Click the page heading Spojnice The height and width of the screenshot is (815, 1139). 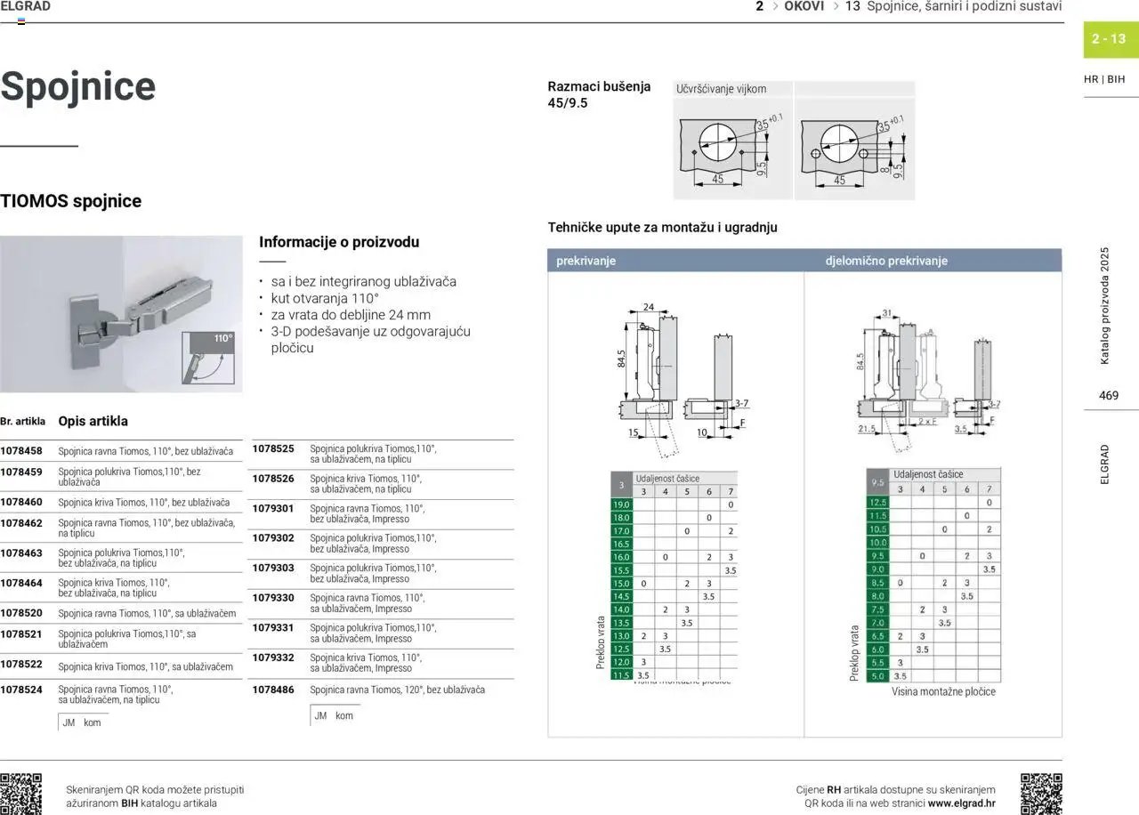pyautogui.click(x=78, y=86)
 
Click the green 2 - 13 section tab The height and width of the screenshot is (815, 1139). pyautogui.click(x=1109, y=39)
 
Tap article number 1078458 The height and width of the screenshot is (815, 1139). pyautogui.click(x=21, y=451)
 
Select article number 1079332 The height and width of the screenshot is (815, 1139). pyautogui.click(x=273, y=658)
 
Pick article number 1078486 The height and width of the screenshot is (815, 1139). pyautogui.click(x=273, y=690)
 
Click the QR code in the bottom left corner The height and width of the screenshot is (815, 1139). pyautogui.click(x=21, y=794)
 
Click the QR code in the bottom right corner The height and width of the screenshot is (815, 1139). pyautogui.click(x=1040, y=794)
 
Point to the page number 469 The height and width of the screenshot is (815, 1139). pyautogui.click(x=1109, y=395)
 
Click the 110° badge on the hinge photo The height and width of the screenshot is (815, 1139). pyautogui.click(x=222, y=339)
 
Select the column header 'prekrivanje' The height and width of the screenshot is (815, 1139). pyautogui.click(x=586, y=261)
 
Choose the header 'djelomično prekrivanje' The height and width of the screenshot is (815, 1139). pyautogui.click(x=886, y=261)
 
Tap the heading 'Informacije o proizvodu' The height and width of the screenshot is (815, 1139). pyautogui.click(x=339, y=242)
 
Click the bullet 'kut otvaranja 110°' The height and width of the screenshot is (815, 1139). pyautogui.click(x=325, y=298)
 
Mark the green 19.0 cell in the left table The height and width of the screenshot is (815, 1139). pyautogui.click(x=621, y=504)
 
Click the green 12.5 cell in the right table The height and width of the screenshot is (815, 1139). pyautogui.click(x=877, y=503)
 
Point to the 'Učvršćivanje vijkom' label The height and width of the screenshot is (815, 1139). pyautogui.click(x=721, y=89)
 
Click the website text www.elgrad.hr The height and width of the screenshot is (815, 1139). pyautogui.click(x=961, y=803)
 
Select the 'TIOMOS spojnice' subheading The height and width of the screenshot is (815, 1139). pyautogui.click(x=71, y=201)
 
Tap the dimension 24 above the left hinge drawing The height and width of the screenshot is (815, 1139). pyautogui.click(x=648, y=307)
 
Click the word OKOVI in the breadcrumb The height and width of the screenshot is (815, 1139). pyautogui.click(x=804, y=6)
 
